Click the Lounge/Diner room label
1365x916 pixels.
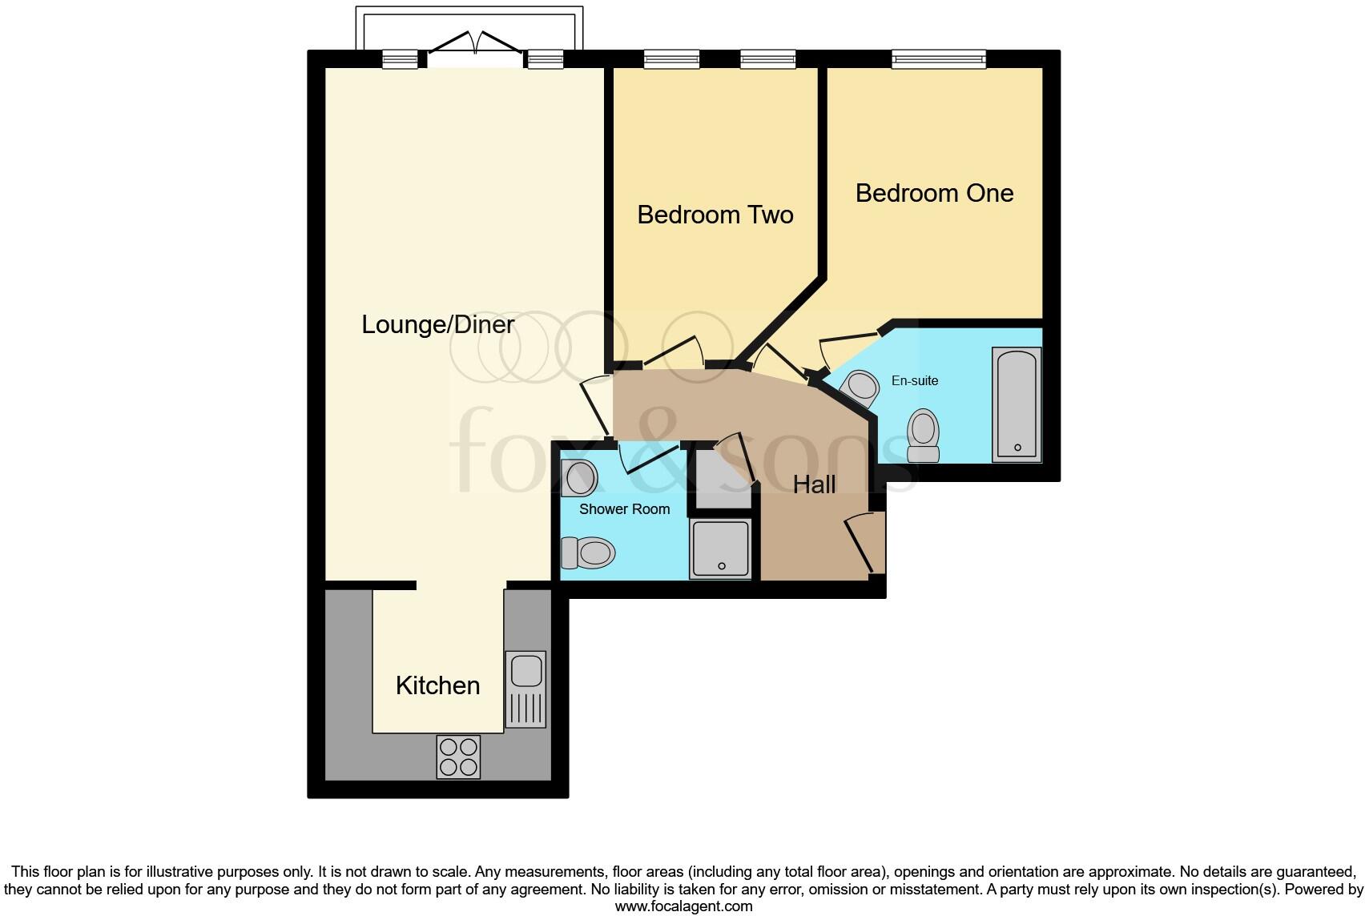click(x=437, y=325)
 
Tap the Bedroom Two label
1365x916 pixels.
click(x=715, y=215)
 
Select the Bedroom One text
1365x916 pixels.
click(x=934, y=193)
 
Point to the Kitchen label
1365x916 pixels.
click(x=437, y=685)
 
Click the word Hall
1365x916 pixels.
click(x=814, y=484)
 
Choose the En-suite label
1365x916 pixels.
click(x=914, y=381)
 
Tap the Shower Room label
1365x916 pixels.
click(x=624, y=509)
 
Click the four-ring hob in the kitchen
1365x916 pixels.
click(x=458, y=757)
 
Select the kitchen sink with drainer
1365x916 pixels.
click(x=525, y=689)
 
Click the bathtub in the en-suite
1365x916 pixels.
click(x=1017, y=404)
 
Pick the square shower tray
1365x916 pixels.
click(x=721, y=548)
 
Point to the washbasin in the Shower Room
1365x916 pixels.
click(x=579, y=478)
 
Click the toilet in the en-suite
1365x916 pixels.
click(x=923, y=436)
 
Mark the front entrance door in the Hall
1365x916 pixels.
click(x=864, y=544)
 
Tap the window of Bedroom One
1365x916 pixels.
click(x=938, y=58)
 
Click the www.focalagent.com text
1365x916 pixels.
click(x=683, y=906)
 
